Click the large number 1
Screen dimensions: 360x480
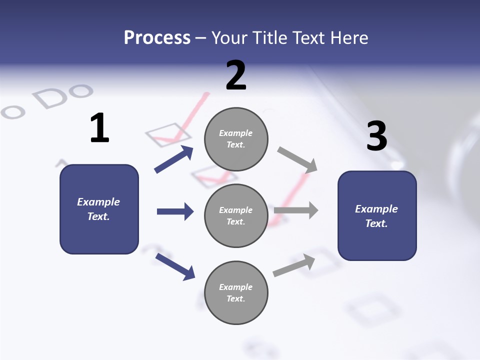(x=99, y=128)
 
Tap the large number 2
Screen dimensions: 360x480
(x=236, y=75)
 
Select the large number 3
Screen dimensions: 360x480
(x=376, y=136)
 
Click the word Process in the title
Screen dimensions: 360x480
(x=157, y=37)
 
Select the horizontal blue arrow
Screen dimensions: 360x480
(x=175, y=211)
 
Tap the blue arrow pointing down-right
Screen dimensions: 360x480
(x=175, y=266)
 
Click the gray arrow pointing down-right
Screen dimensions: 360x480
(x=297, y=159)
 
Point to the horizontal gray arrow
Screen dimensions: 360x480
(x=296, y=210)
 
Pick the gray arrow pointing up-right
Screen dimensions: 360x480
(x=294, y=265)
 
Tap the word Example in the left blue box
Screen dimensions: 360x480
(x=98, y=202)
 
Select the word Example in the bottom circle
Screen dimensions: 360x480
(x=235, y=287)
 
